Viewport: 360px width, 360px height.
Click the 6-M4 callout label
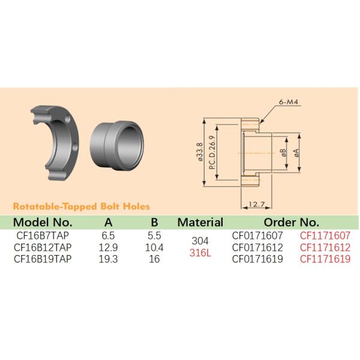(289, 102)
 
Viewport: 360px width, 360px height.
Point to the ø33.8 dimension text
(200, 152)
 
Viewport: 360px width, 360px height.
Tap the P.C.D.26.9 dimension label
(212, 152)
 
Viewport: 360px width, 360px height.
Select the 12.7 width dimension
(257, 204)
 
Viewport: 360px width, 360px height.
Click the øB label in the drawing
(284, 152)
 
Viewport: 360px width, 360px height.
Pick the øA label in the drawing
(296, 152)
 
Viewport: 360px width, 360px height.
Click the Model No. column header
(43, 222)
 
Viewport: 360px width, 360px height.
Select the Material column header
(200, 222)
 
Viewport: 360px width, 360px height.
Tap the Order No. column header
(292, 222)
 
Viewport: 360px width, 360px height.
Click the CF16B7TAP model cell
(43, 236)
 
